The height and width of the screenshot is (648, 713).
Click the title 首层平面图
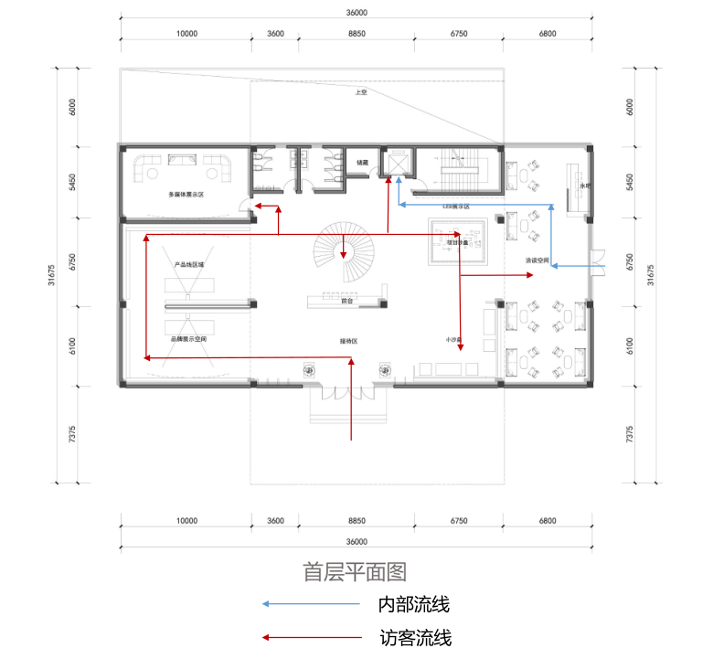[355, 572]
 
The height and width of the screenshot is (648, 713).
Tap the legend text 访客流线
[414, 638]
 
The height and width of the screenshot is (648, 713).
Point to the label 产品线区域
[188, 264]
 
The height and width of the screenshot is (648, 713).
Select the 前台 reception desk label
[346, 300]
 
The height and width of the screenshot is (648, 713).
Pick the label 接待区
[348, 341]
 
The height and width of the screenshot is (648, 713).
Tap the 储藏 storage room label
[362, 163]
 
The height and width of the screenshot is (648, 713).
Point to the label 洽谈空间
[537, 260]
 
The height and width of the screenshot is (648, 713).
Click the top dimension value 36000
[356, 13]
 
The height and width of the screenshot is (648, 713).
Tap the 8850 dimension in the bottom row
[356, 521]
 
